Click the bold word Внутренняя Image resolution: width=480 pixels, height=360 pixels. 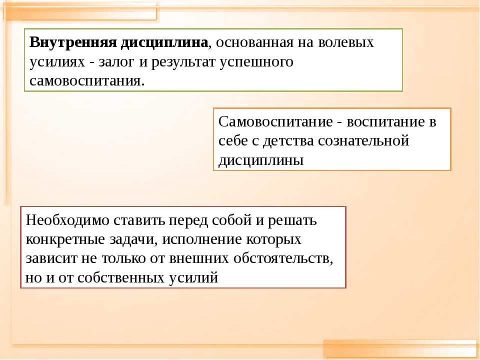73,42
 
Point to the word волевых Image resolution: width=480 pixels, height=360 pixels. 346,42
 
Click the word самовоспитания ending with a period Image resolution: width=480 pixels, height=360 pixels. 87,81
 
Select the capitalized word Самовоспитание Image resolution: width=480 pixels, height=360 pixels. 275,122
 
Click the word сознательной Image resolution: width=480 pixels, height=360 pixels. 363,141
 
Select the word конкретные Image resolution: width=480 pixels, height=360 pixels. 65,239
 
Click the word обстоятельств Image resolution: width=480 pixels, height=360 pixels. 283,258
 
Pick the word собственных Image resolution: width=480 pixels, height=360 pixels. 121,278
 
